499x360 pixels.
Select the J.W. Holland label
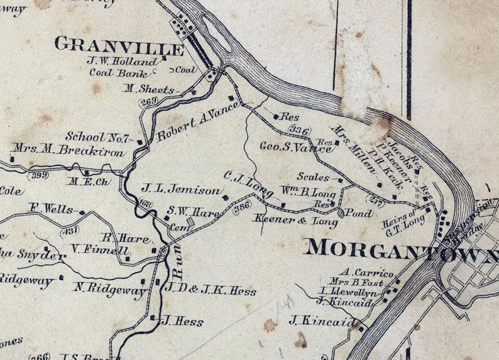click(123, 62)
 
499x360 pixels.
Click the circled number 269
click(149, 101)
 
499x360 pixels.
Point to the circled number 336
click(300, 131)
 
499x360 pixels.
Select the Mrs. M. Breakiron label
click(68, 151)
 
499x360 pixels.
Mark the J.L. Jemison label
click(180, 189)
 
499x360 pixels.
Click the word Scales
click(313, 178)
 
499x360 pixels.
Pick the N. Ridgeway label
click(101, 288)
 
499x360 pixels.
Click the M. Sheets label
click(148, 89)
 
